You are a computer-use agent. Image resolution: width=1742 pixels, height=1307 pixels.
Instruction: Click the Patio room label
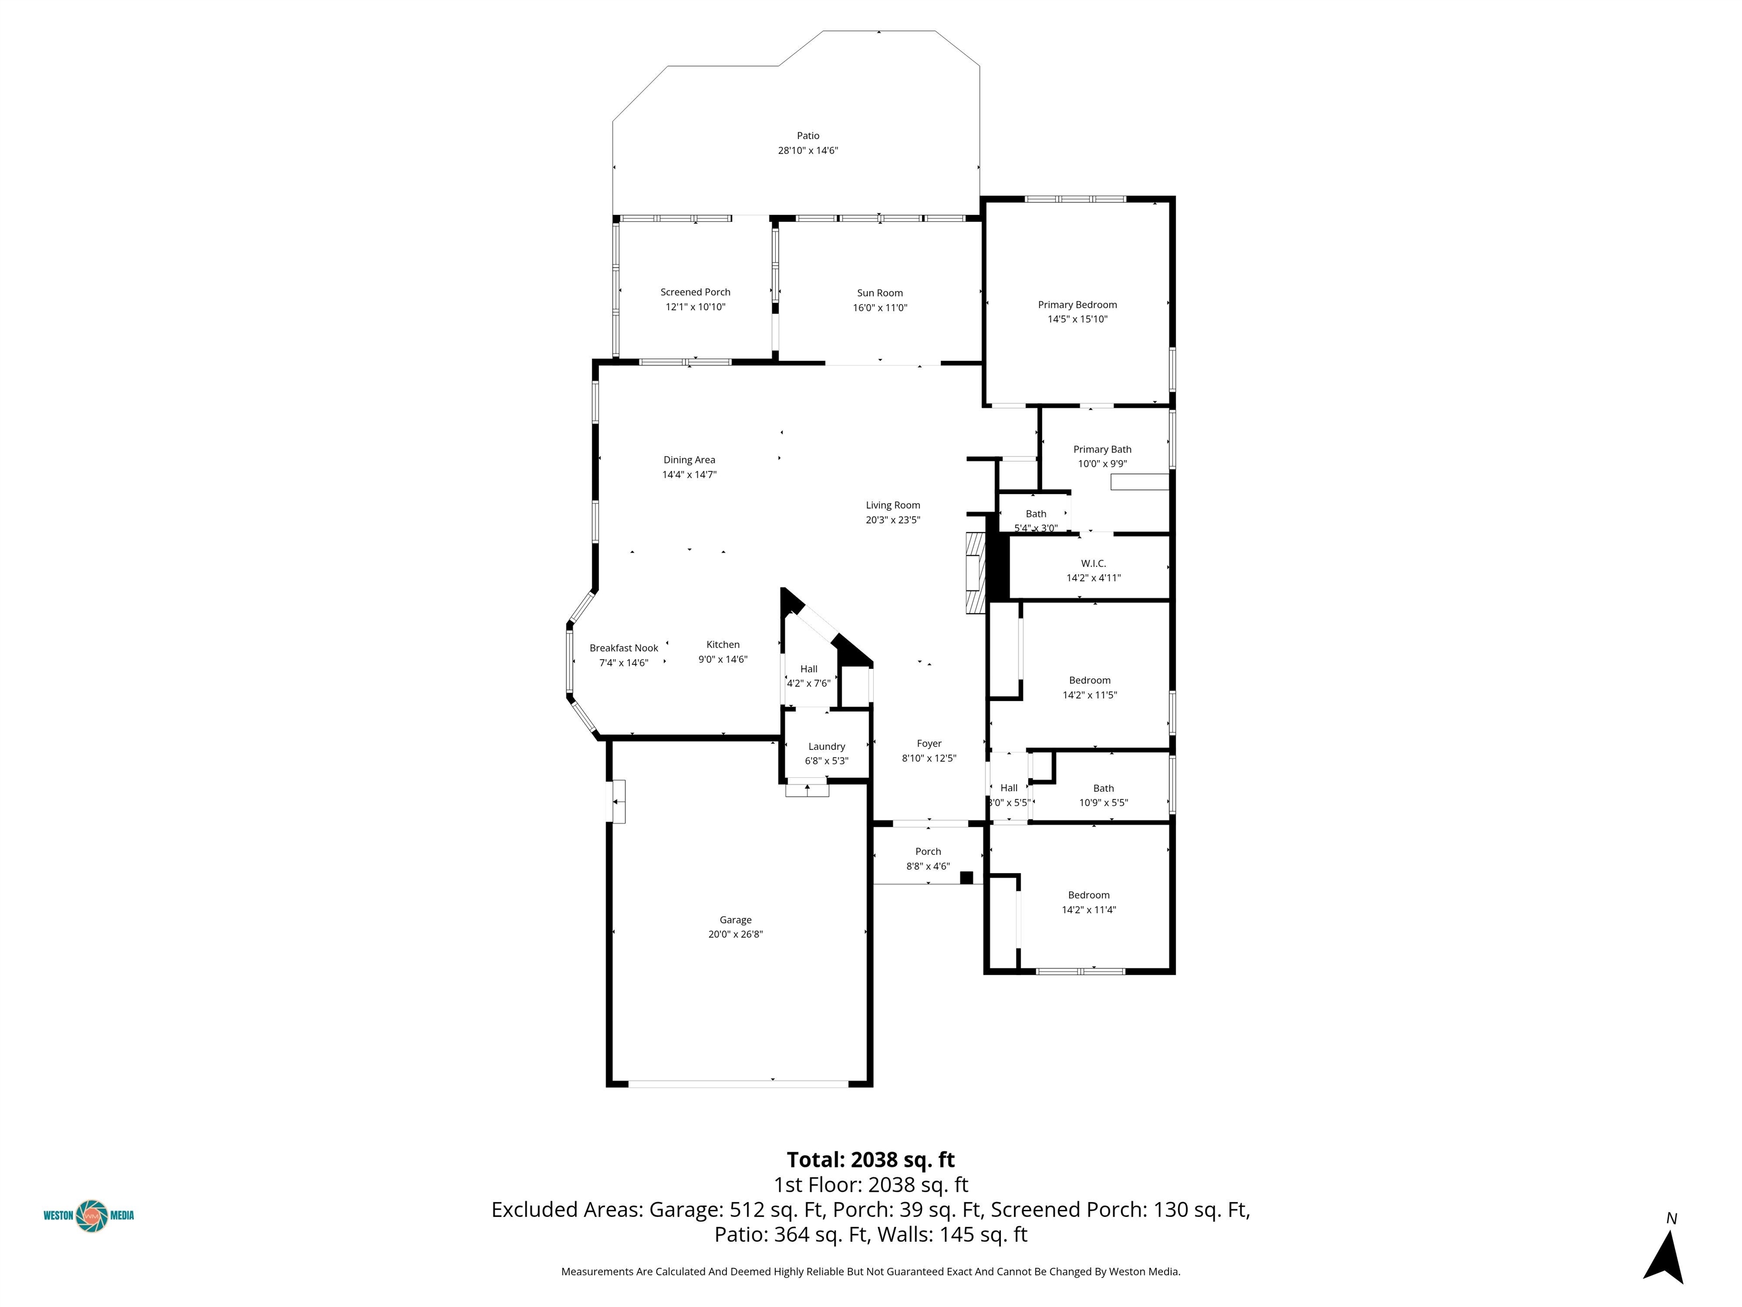coord(808,136)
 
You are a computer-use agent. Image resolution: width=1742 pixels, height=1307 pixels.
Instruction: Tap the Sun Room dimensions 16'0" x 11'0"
coord(880,308)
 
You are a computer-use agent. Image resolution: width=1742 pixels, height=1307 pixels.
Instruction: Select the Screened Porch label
coord(695,292)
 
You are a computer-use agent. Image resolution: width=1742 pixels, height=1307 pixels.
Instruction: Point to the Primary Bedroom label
coord(1077,305)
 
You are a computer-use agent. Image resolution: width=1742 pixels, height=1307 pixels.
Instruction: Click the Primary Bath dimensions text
coord(1102,464)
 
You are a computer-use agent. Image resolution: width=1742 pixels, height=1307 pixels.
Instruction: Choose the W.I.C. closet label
coord(1093,563)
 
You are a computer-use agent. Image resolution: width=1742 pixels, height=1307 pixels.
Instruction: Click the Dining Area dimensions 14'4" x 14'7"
coord(689,475)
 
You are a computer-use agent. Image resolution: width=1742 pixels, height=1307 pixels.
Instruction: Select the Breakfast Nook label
coord(624,648)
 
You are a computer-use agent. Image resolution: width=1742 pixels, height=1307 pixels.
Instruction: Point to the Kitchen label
coord(723,644)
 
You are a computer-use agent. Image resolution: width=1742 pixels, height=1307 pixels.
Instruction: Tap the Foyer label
coord(929,744)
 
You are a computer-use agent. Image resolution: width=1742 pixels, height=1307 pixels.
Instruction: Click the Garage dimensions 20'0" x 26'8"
coord(735,934)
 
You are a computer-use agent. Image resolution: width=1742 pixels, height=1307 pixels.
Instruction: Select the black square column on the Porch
coord(966,878)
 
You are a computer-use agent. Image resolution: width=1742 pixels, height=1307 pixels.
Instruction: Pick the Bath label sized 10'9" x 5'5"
coord(1103,788)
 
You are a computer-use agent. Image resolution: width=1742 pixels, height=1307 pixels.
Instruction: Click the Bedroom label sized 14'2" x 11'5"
coord(1090,681)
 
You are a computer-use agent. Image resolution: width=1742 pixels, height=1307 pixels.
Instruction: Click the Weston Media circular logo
coord(91,1216)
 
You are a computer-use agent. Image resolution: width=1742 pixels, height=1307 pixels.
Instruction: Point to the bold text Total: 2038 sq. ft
coord(870,1160)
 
